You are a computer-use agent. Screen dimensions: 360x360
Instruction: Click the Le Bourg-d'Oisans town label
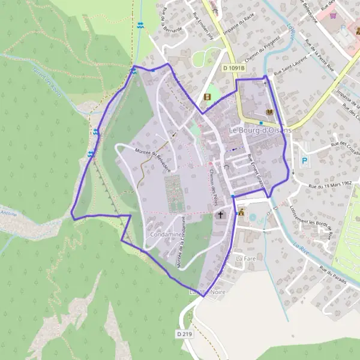pyautogui.click(x=260, y=130)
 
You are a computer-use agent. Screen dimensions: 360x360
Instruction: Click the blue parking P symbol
pyautogui.click(x=305, y=161)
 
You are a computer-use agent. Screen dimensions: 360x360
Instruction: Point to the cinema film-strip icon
pyautogui.click(x=207, y=97)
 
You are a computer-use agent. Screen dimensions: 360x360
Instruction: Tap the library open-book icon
pyautogui.click(x=269, y=112)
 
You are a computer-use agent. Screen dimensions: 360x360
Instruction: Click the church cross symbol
pyautogui.click(x=220, y=214)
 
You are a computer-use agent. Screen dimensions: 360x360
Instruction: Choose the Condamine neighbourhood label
pyautogui.click(x=167, y=234)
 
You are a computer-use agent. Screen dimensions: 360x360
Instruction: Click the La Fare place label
pyautogui.click(x=245, y=258)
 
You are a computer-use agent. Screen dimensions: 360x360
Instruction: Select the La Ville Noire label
pyautogui.click(x=202, y=292)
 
